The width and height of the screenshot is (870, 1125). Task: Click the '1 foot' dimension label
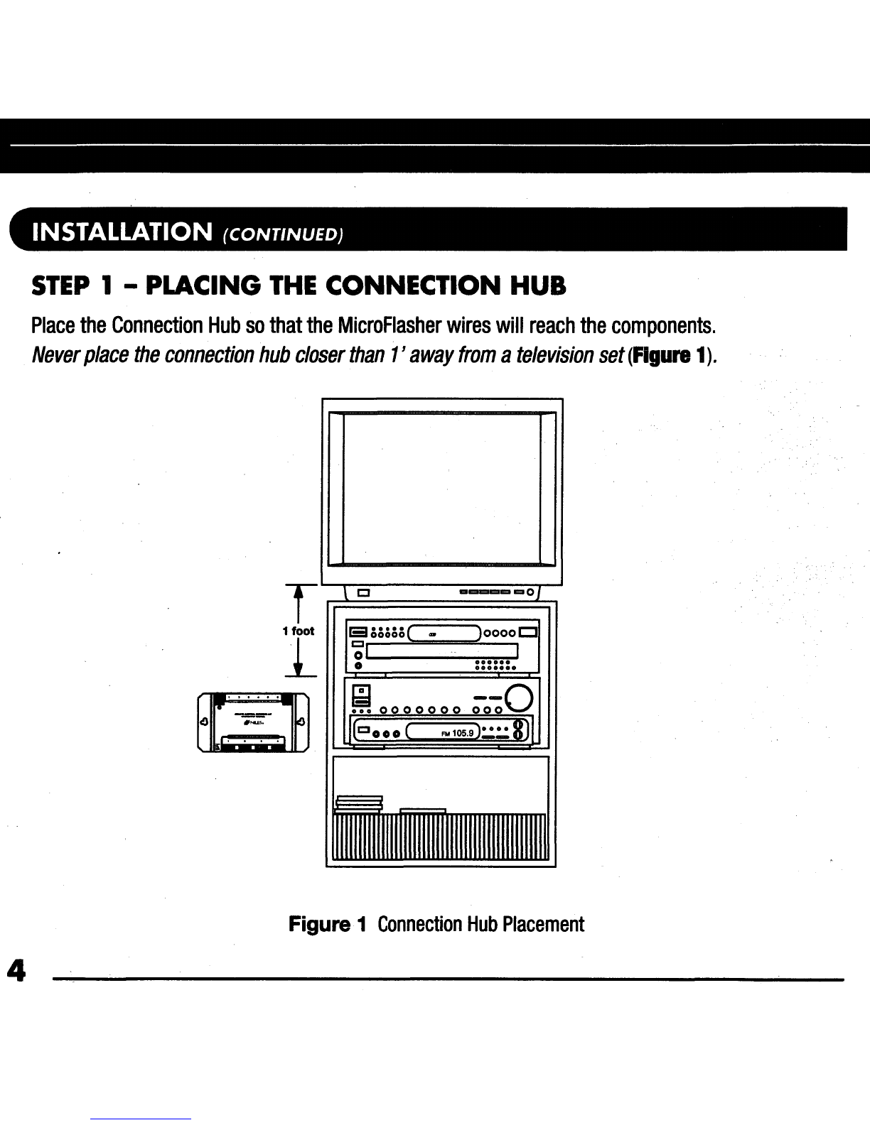click(298, 631)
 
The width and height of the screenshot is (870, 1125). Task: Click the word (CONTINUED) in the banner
click(283, 234)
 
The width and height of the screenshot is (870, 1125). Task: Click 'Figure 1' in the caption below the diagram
click(327, 924)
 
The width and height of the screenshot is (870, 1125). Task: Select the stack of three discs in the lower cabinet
click(359, 802)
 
